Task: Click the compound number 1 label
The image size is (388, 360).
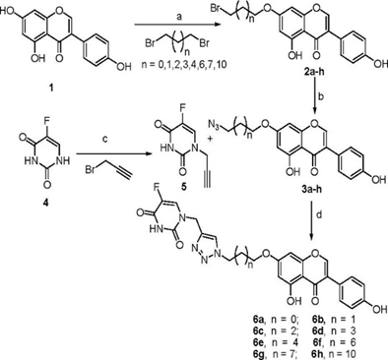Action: pyautogui.click(x=51, y=89)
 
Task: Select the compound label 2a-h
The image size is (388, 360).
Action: pyautogui.click(x=313, y=73)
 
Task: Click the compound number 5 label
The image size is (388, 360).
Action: pyautogui.click(x=183, y=188)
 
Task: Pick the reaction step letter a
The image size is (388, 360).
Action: pyautogui.click(x=179, y=19)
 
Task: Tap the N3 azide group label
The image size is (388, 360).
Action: pyautogui.click(x=213, y=125)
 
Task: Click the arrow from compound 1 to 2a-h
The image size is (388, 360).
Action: pyautogui.click(x=177, y=25)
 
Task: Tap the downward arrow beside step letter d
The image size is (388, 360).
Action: pyautogui.click(x=311, y=222)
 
